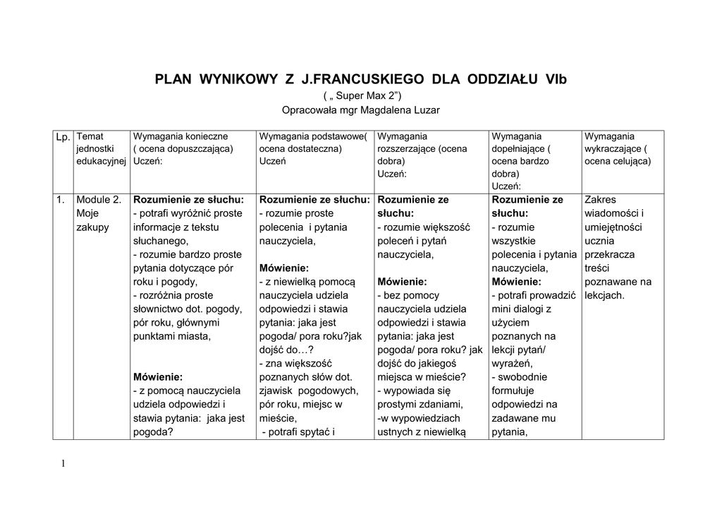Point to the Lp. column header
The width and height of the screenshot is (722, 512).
pos(63,136)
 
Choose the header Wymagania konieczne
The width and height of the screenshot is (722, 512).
pos(180,136)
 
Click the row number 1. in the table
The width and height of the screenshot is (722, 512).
pos(61,200)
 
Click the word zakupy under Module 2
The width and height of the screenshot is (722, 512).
pos(92,227)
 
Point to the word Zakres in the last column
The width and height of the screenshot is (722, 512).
pos(600,200)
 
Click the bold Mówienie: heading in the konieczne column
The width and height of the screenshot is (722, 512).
pos(158,376)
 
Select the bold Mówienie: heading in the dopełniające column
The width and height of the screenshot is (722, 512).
pos(518,281)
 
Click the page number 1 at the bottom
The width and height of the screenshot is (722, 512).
pos(63,463)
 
